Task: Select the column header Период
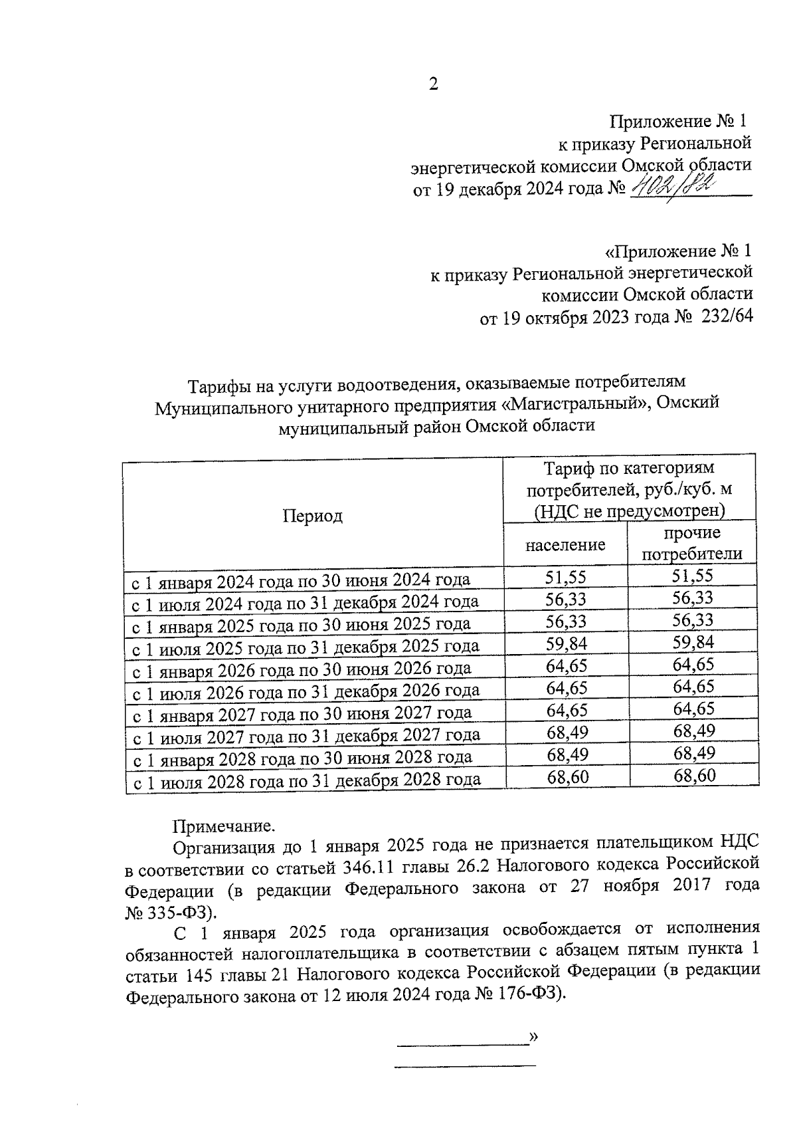pyautogui.click(x=313, y=516)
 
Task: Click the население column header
pyautogui.click(x=565, y=545)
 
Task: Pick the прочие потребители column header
pyautogui.click(x=692, y=544)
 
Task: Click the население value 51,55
pyautogui.click(x=566, y=578)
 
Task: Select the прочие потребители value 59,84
pyautogui.click(x=693, y=643)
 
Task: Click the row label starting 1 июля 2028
pyautogui.click(x=307, y=780)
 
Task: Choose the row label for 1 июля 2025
pyautogui.click(x=306, y=646)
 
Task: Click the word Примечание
pyautogui.click(x=223, y=826)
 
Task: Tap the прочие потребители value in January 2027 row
pyautogui.click(x=693, y=709)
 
